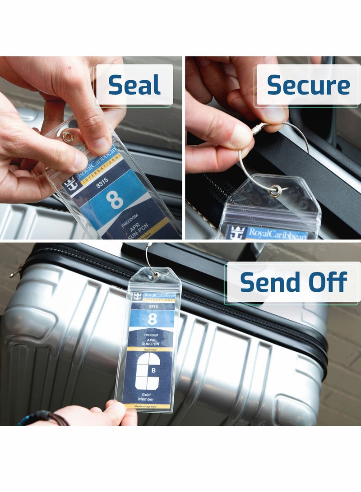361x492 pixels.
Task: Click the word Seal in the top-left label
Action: click(x=134, y=85)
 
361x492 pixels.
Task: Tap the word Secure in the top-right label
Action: click(x=308, y=85)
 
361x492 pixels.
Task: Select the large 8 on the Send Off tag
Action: click(x=153, y=319)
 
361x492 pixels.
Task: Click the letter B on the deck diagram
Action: click(x=153, y=371)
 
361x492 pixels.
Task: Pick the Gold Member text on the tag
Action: click(x=146, y=397)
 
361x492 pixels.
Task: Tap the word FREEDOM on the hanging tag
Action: click(x=151, y=335)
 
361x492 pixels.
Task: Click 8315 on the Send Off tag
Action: click(x=153, y=307)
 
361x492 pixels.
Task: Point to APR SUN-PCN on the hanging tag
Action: click(x=152, y=342)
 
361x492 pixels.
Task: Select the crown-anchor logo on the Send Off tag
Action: click(x=137, y=296)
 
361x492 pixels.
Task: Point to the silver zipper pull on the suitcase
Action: click(x=15, y=272)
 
